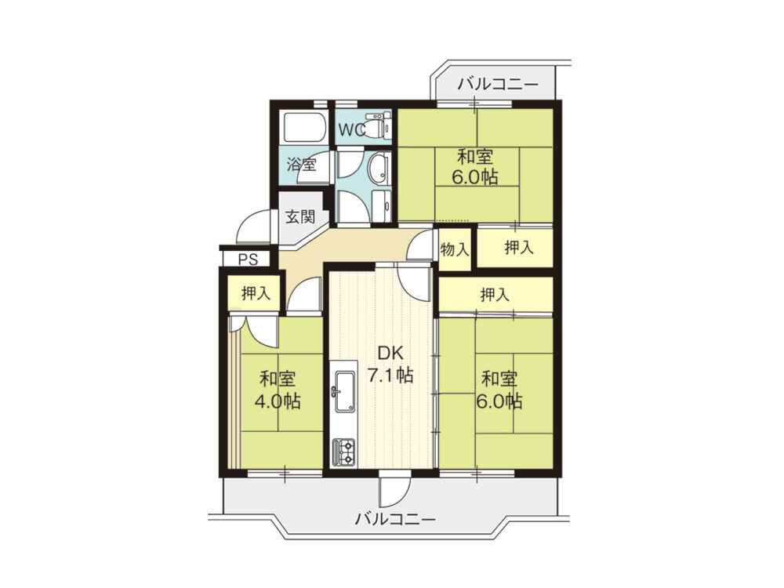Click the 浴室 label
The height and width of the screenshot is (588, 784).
301,165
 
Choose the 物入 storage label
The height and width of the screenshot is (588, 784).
455,250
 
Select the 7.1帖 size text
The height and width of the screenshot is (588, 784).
392,375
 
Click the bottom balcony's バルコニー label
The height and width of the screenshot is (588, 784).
395,519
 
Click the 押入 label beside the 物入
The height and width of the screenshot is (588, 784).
517,249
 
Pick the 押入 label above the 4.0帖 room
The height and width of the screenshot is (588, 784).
256,294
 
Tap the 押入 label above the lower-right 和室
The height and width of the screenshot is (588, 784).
495,295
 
